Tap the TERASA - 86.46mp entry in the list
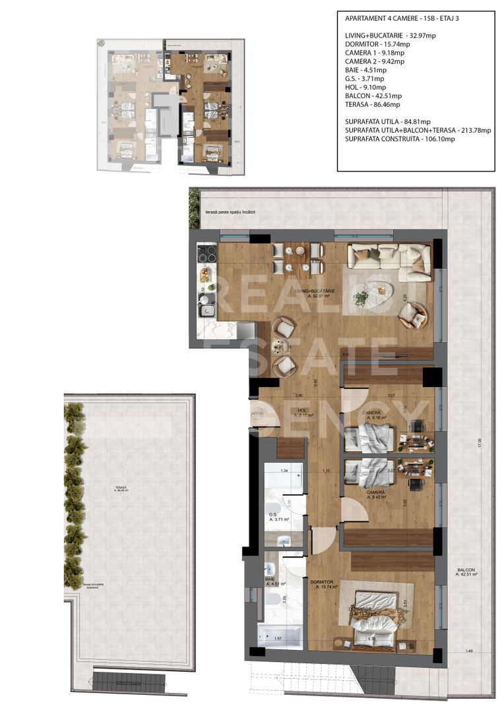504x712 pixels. click(x=372, y=104)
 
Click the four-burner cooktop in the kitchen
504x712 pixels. click(x=208, y=254)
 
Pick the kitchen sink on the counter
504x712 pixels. click(x=206, y=310)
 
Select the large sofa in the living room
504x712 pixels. click(x=389, y=258)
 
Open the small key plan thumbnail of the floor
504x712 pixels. click(x=168, y=106)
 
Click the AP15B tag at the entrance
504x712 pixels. click(x=257, y=414)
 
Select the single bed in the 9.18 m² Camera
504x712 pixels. click(x=369, y=436)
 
